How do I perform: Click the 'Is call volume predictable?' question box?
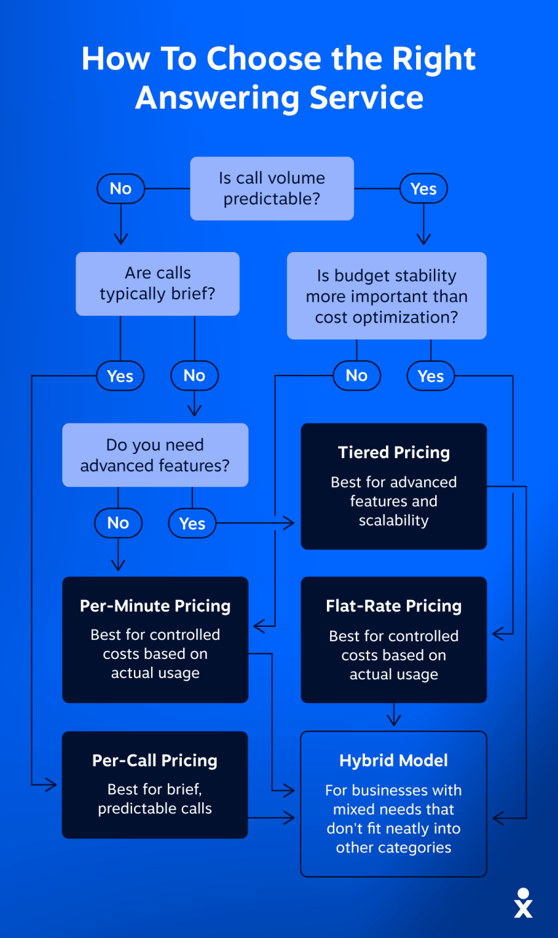(272, 188)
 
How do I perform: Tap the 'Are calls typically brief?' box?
(158, 284)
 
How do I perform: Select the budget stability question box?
(387, 295)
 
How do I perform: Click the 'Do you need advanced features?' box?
(156, 455)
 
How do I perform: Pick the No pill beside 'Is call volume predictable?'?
(121, 188)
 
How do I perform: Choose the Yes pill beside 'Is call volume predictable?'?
(423, 188)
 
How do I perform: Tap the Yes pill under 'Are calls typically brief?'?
(120, 375)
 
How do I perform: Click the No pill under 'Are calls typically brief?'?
(194, 375)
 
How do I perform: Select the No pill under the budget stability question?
(357, 375)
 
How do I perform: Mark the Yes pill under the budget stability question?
(431, 375)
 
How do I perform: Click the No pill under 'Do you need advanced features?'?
(118, 523)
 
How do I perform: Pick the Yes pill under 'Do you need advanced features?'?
(192, 523)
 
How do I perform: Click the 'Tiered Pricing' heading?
(394, 452)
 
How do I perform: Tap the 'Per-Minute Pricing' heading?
(156, 606)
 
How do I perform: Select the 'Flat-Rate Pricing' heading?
(394, 606)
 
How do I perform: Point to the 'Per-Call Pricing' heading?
(155, 761)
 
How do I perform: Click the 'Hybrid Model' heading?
(394, 761)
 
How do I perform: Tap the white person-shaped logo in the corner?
(523, 903)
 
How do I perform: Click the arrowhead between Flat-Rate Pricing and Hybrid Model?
(394, 720)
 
